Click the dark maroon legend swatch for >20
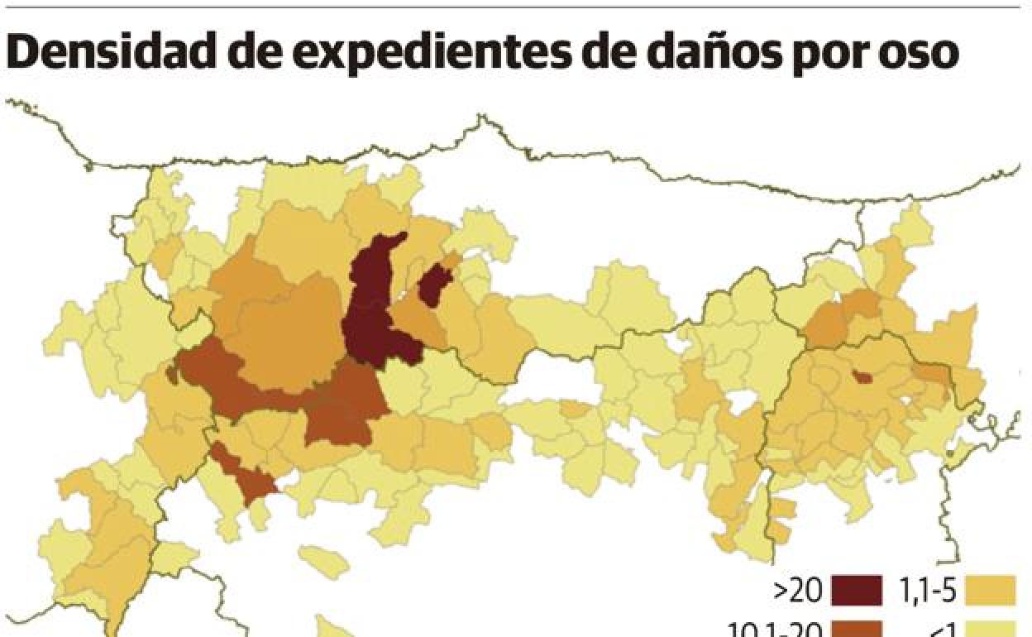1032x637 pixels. [x=856, y=590]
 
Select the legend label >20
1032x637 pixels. [x=799, y=590]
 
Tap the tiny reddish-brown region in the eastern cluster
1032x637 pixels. [x=862, y=377]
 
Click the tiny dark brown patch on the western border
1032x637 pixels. [x=172, y=375]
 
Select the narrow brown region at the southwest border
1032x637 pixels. [x=244, y=477]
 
